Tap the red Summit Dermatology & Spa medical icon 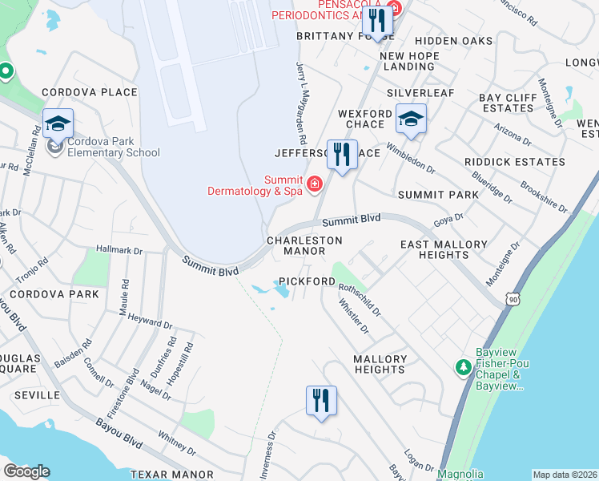coord(314,185)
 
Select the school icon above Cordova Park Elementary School coord(58,124)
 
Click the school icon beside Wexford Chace coord(411,119)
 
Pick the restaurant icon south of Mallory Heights coord(320,400)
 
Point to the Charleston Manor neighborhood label coord(304,245)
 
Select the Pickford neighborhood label coord(307,282)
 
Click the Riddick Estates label coord(515,162)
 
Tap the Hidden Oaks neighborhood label coord(448,40)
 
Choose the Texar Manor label coord(171,475)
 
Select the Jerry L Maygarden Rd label coord(302,104)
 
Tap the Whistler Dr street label coord(353,316)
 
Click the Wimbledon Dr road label coord(410,158)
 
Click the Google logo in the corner coord(26,471)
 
